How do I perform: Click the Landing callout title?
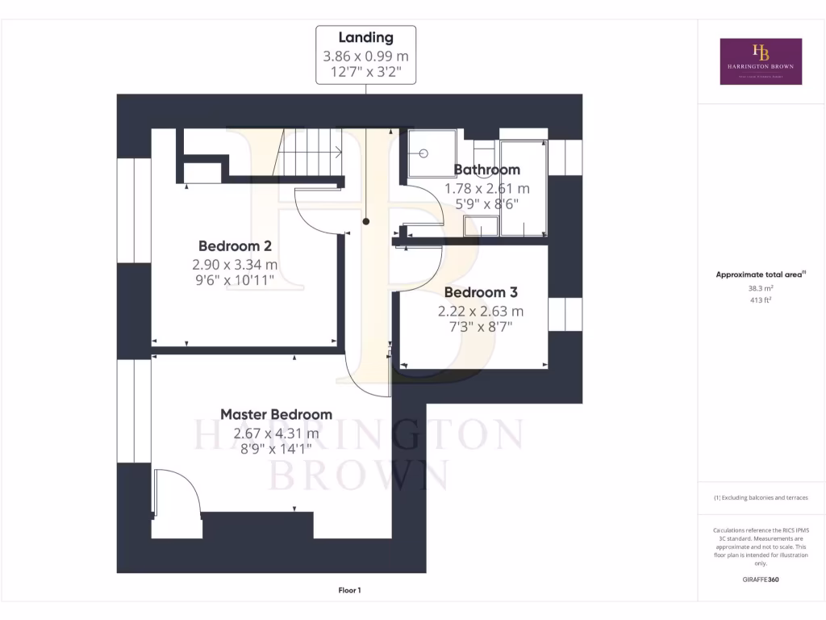tap(365, 37)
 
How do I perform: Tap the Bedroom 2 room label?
tap(235, 246)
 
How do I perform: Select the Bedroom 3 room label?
tap(481, 292)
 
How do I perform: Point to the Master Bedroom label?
tap(276, 414)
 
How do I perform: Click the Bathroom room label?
tap(486, 170)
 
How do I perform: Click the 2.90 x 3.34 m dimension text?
tap(235, 265)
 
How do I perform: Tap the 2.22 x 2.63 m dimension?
tap(481, 311)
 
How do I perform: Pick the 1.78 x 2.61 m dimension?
tap(487, 188)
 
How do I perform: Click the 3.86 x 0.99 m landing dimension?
tap(365, 57)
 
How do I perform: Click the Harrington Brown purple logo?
tap(761, 61)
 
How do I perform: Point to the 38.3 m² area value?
tap(761, 287)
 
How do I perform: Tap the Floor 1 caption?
tap(349, 591)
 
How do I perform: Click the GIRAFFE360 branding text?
tap(761, 580)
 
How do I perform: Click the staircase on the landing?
tap(311, 152)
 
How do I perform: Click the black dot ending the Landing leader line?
tap(366, 220)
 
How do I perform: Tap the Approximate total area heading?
tap(761, 274)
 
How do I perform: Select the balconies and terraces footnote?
tap(761, 498)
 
